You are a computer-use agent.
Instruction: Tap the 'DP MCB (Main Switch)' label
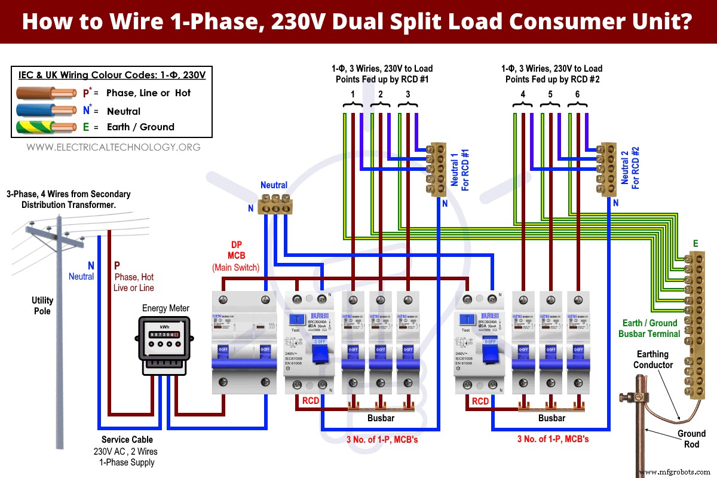[235, 256]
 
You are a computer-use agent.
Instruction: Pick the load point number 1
[353, 94]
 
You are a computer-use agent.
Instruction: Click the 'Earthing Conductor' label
[653, 360]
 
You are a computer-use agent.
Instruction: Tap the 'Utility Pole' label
[42, 306]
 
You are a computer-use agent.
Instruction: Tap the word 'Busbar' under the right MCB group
[551, 418]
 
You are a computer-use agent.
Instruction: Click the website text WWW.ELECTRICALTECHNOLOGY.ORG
[114, 147]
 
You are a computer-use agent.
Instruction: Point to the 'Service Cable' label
[124, 440]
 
